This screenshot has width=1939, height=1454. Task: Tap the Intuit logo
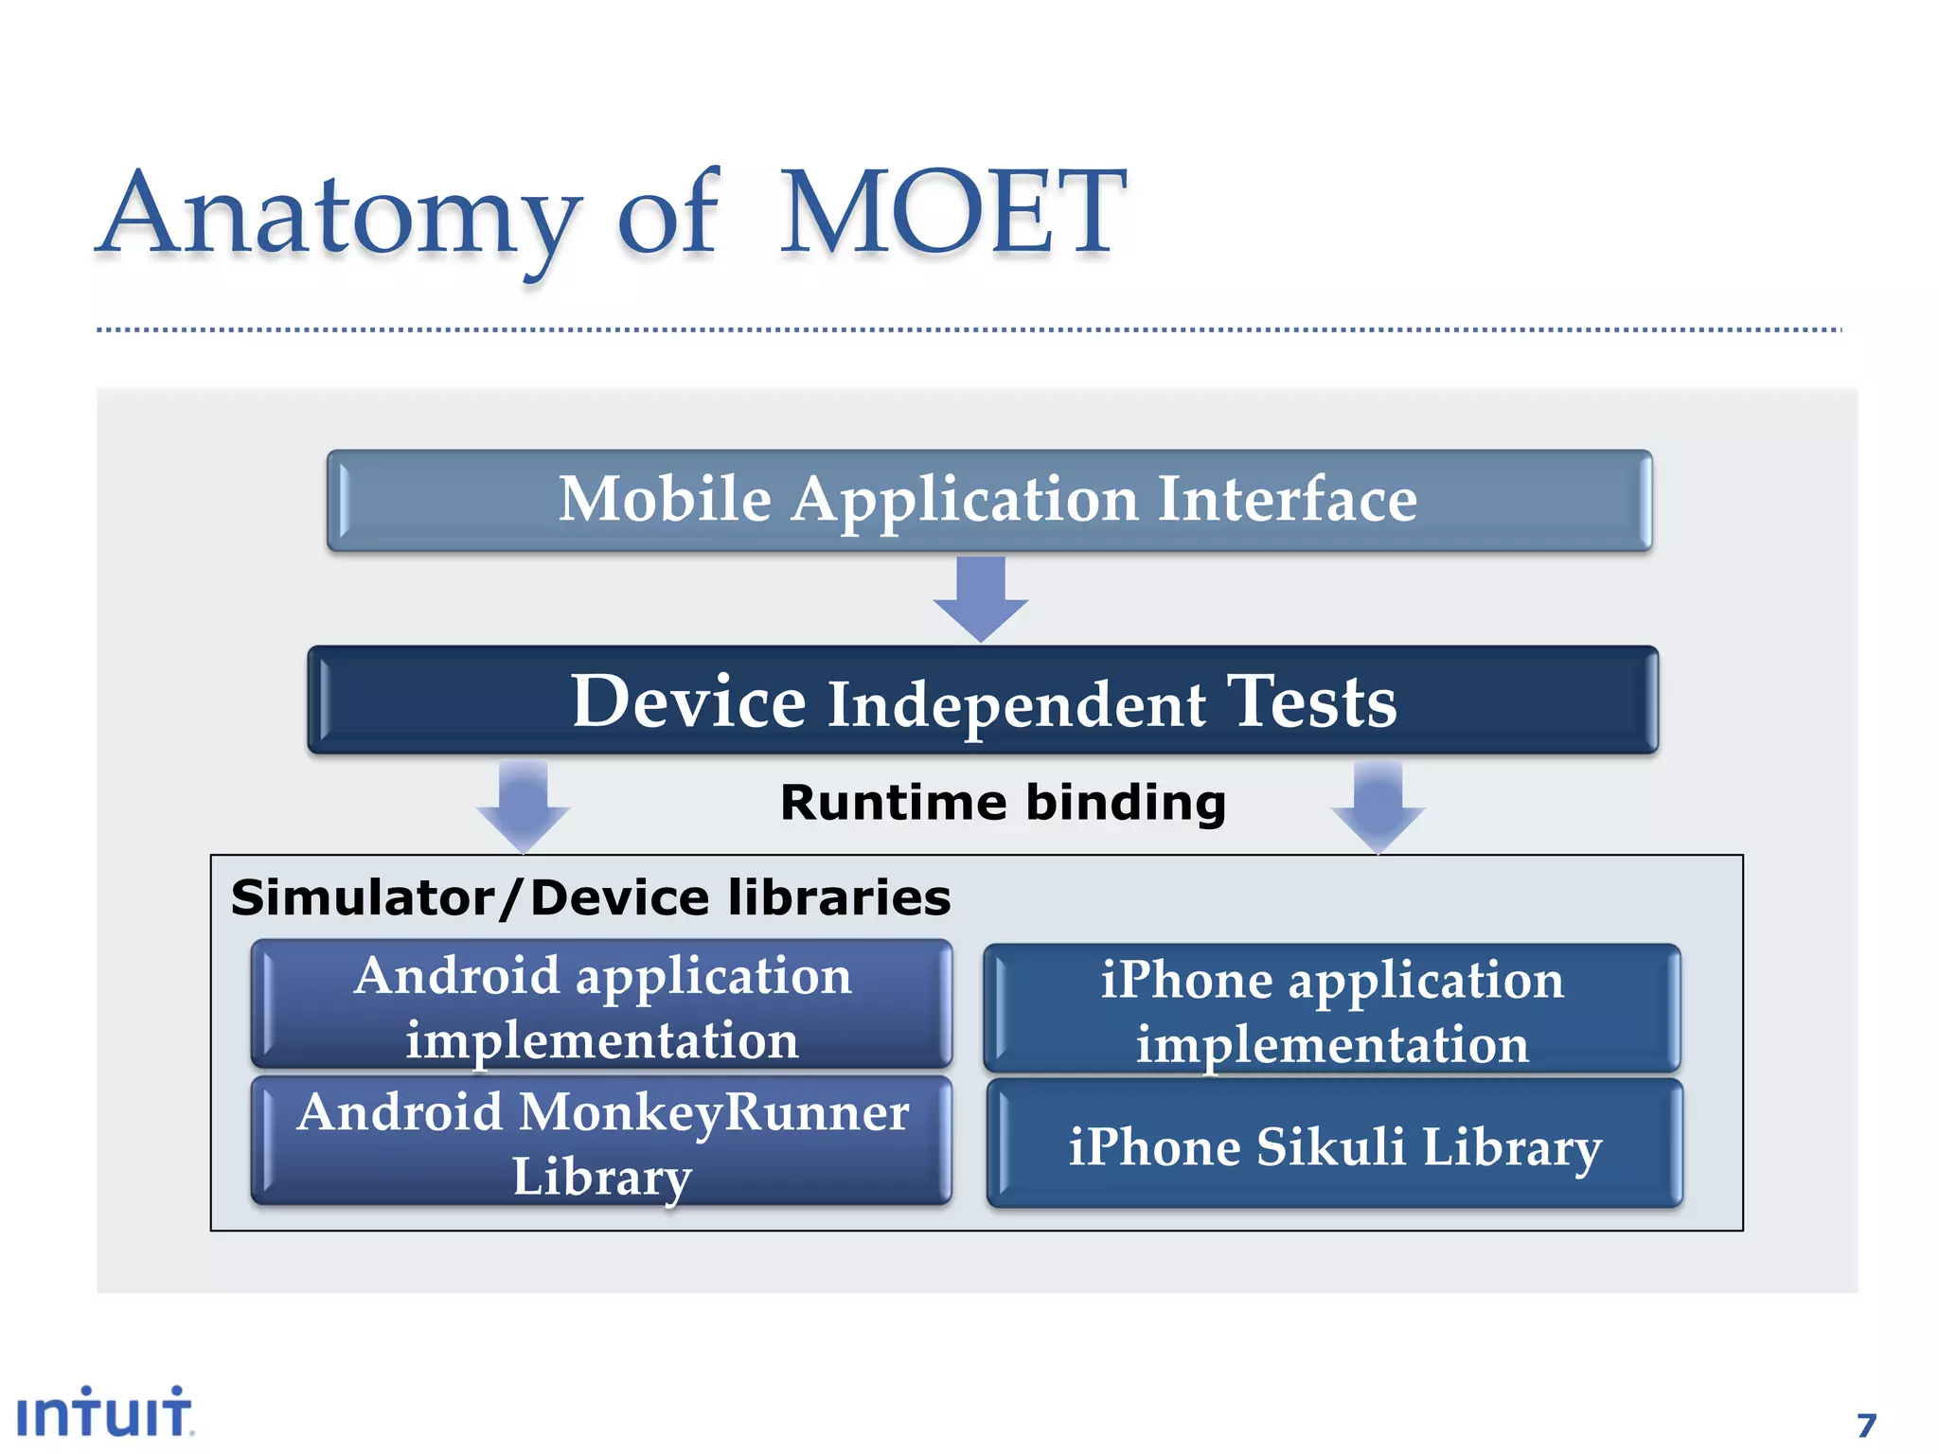104,1412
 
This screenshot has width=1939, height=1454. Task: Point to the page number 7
1866,1425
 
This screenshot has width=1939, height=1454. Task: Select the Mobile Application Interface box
989,500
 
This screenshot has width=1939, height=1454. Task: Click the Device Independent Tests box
983,700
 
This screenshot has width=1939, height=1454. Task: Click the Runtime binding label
1003,803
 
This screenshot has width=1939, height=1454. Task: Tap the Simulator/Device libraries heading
591,897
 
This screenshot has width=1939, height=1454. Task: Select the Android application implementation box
602,1005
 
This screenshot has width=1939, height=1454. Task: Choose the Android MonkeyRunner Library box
602,1141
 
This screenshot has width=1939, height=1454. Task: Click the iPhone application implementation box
1332,1009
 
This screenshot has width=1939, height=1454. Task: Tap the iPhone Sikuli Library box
1334,1145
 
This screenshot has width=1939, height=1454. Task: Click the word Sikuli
1330,1146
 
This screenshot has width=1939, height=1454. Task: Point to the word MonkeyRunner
714,1113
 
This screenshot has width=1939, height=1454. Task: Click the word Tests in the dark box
1311,702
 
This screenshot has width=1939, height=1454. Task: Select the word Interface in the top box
1287,499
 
